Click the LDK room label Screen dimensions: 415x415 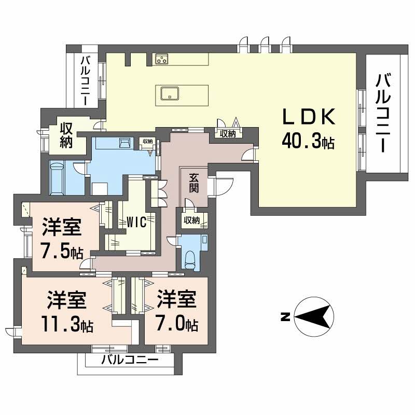pos(309,117)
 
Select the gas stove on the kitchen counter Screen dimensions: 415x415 pos(162,59)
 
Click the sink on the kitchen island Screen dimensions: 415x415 pos(170,94)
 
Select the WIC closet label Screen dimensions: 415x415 pos(136,222)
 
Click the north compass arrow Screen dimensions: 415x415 pos(314,316)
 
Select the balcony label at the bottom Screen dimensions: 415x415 pos(130,359)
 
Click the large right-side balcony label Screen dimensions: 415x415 pos(383,113)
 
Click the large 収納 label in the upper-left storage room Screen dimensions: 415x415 pos(66,135)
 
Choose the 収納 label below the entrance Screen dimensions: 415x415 pos(192,220)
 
